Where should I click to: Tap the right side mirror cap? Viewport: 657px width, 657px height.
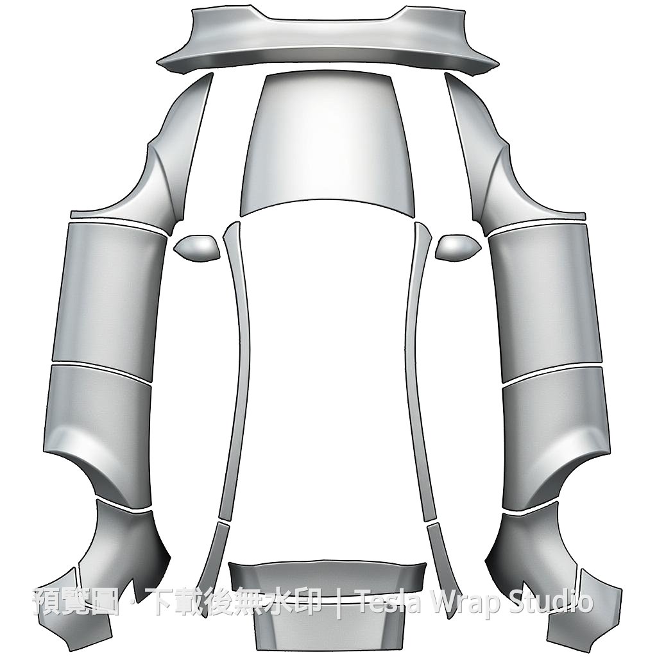[x=458, y=248]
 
